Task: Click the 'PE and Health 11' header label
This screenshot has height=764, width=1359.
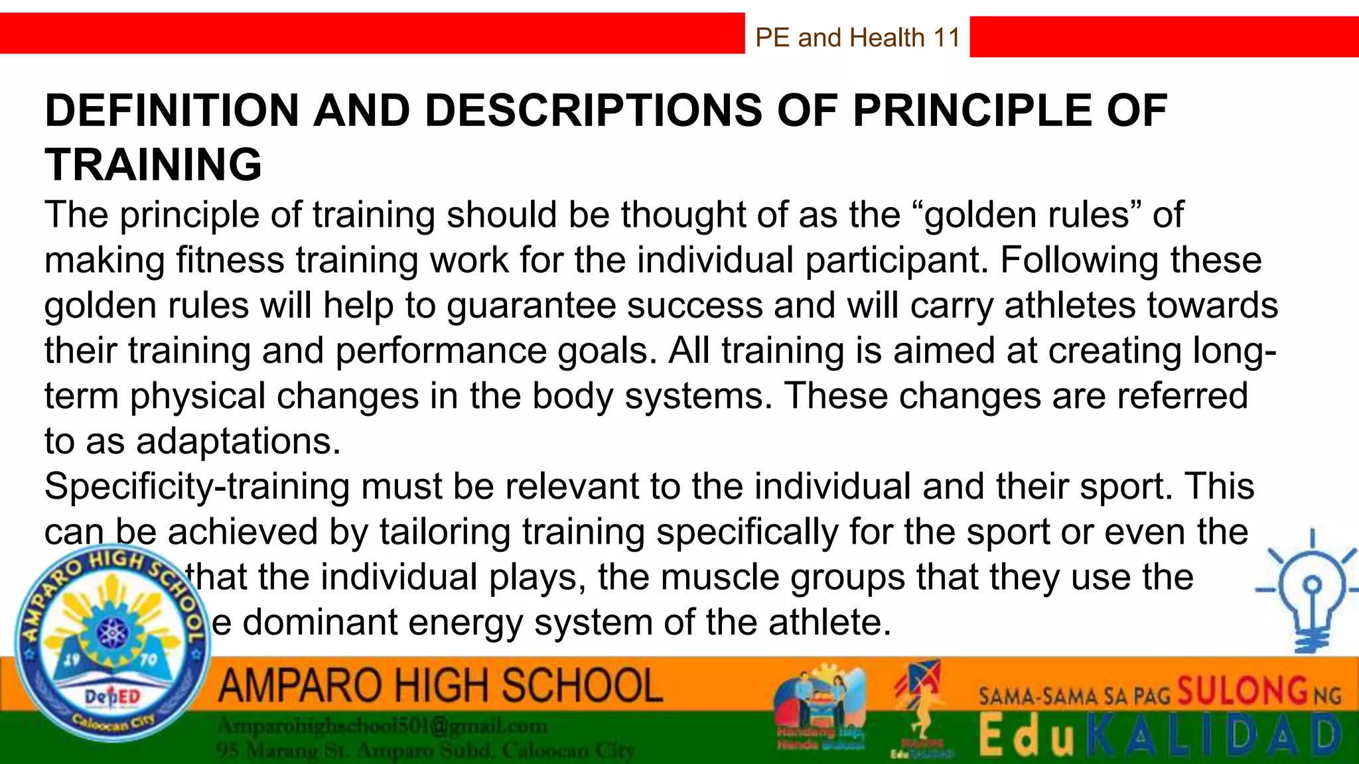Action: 857,38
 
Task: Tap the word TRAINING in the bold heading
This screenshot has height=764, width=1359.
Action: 153,164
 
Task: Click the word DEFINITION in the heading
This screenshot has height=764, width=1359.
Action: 172,110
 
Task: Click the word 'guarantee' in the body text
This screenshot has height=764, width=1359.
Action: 530,306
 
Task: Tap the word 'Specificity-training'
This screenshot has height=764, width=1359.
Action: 196,487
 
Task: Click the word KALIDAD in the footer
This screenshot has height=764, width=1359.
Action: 1214,736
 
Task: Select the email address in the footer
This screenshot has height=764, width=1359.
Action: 383,727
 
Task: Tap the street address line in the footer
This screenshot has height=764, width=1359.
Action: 425,751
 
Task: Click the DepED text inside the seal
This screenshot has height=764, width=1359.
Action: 112,696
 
